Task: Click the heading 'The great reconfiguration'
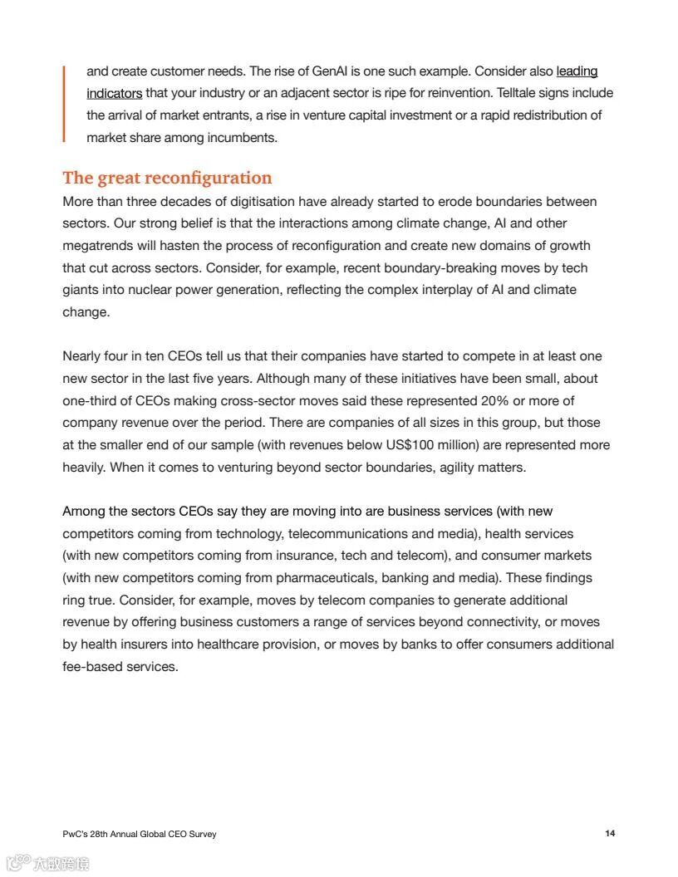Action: [x=167, y=178]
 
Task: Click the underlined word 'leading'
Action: [x=577, y=71]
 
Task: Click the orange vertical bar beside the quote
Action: [x=64, y=104]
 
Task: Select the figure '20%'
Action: [x=495, y=400]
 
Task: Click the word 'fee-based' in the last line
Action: [x=92, y=666]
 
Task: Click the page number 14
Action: [x=610, y=833]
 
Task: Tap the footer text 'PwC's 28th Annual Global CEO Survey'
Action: [x=139, y=834]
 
